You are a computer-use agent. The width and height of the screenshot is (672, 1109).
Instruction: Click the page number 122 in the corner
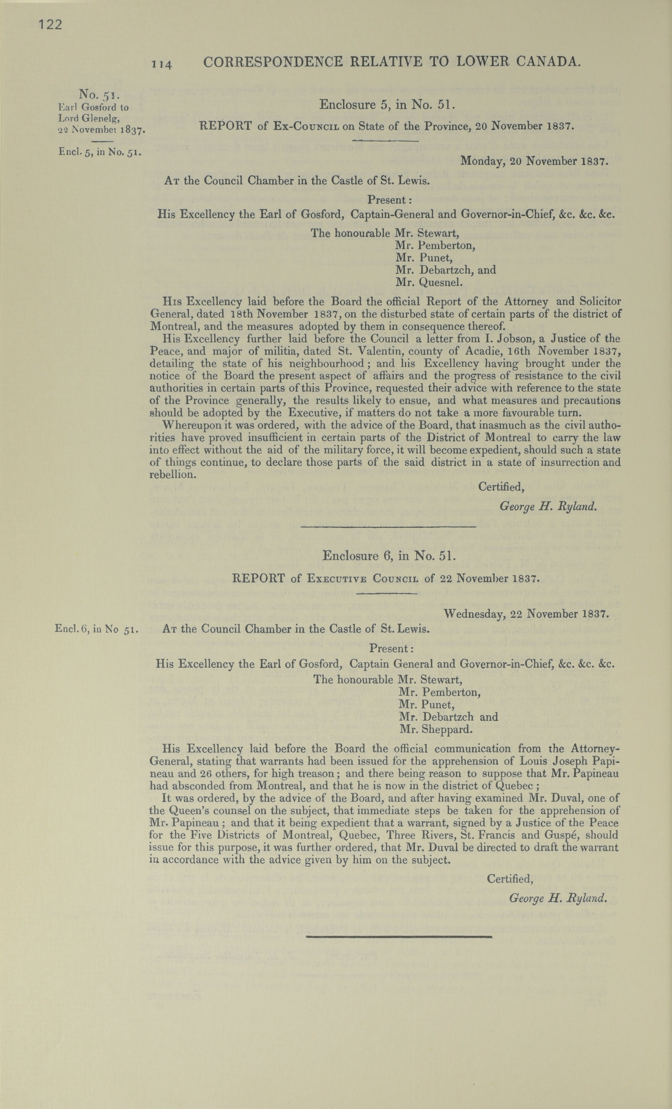50,25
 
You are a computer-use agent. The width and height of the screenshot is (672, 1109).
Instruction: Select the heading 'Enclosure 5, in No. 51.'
388,105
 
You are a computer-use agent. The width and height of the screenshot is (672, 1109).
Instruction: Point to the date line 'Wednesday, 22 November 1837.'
526,613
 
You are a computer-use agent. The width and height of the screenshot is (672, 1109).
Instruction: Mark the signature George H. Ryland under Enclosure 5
548,507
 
